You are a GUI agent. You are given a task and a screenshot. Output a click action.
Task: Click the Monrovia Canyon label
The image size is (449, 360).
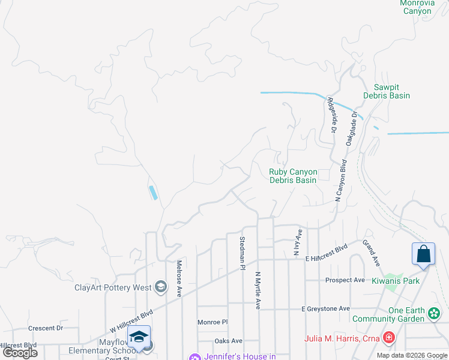coord(417,7)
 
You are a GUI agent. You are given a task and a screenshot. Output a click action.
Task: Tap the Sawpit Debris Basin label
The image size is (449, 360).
coord(387,91)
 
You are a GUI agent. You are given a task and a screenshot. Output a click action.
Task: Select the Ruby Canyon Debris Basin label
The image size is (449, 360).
coord(292,176)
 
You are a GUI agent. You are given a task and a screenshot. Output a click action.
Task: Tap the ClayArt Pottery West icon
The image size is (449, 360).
coord(160,287)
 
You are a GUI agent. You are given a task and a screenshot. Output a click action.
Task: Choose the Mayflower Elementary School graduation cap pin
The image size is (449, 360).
coord(139,336)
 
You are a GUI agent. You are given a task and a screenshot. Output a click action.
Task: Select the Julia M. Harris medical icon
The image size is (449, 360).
coord(389,338)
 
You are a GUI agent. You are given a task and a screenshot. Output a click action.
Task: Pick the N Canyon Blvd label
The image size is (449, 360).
coord(341,179)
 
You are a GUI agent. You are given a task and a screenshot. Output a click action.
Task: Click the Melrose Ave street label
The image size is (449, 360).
coord(179,278)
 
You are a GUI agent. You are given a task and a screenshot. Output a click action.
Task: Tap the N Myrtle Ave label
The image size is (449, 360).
coord(258,290)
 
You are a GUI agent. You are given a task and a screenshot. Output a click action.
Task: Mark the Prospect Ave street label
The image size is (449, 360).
coord(345,280)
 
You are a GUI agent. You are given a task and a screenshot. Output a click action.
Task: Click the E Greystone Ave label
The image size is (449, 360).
coord(325,308)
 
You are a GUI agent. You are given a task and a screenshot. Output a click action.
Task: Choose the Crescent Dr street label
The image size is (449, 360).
coord(46,328)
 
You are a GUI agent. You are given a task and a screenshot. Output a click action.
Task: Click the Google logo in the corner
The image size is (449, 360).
coord(20,353)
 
